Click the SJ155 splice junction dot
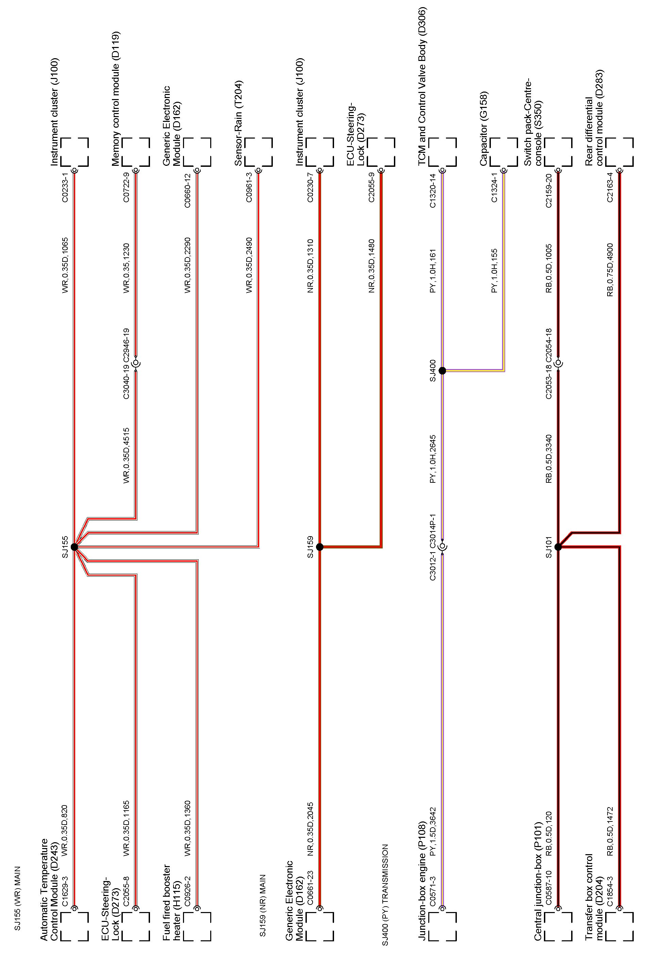click(74, 547)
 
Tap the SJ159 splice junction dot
click(320, 547)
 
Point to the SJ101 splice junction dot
click(558, 547)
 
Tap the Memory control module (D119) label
click(116, 99)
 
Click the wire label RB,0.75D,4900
click(610, 270)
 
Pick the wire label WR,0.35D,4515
click(127, 456)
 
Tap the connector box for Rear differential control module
click(619, 152)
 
